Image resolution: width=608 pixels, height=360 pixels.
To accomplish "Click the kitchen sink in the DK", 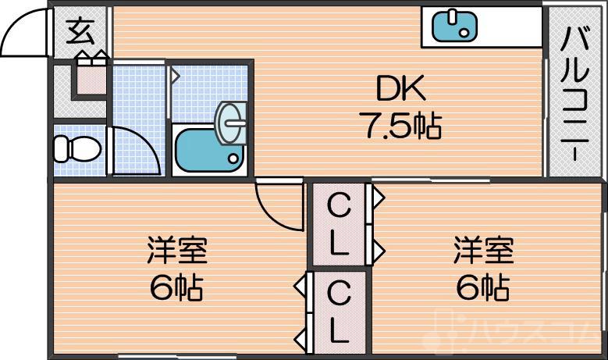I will point(453,26).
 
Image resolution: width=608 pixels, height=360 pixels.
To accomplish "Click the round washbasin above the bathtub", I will point(233,123).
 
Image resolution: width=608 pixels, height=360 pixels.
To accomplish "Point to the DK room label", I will point(401,91).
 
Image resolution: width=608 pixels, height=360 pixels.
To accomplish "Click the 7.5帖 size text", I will point(401,125).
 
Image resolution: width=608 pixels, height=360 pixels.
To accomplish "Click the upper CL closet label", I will point(338,226).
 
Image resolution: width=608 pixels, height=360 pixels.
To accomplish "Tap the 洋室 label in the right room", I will point(484,253).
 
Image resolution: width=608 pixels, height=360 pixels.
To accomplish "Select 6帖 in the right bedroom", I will point(484,289).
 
